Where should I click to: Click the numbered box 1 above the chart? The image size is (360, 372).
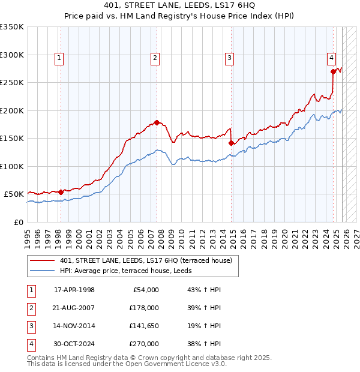(59, 58)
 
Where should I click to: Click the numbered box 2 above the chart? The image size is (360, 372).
(155, 58)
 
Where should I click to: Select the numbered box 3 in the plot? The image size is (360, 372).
(229, 58)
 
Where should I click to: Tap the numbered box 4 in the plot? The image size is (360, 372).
(331, 58)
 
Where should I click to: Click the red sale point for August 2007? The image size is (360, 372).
(157, 122)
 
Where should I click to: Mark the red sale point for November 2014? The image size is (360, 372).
(232, 143)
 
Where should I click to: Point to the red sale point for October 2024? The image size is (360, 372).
(334, 71)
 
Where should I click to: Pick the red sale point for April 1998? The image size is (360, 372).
(61, 192)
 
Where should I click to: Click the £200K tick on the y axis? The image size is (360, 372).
(13, 110)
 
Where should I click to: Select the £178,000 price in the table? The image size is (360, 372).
(145, 308)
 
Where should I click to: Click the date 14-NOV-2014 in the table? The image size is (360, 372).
(74, 326)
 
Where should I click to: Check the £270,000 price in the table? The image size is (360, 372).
(145, 344)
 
